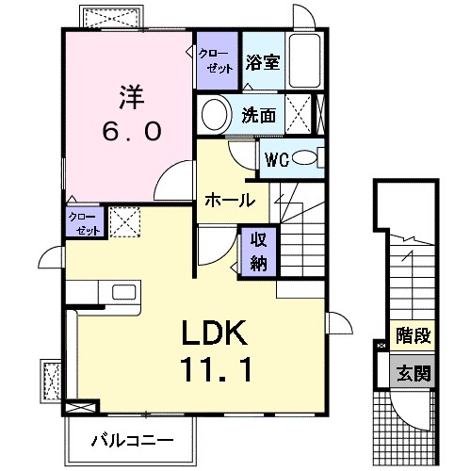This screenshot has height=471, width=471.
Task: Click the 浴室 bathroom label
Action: click(x=263, y=62)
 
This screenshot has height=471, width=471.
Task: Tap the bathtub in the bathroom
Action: click(x=305, y=60)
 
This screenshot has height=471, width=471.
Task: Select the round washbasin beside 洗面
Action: click(x=214, y=115)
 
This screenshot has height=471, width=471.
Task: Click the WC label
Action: click(x=277, y=160)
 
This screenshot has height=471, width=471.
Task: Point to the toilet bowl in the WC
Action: click(x=304, y=158)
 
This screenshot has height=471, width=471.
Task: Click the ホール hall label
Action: click(x=230, y=200)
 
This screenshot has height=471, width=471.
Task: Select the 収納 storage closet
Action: click(x=258, y=252)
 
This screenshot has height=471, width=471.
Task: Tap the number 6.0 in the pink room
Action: click(x=132, y=131)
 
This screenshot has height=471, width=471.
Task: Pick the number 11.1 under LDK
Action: click(x=216, y=369)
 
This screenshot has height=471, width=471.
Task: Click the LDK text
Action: click(x=214, y=333)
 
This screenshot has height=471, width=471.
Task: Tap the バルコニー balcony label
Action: click(x=132, y=441)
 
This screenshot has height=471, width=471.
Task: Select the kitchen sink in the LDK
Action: click(x=124, y=292)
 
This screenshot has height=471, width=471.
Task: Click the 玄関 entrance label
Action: click(x=413, y=373)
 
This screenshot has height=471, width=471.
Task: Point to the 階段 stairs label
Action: click(x=413, y=335)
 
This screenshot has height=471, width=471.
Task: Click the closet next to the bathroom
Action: click(x=218, y=60)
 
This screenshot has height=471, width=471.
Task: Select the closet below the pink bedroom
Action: click(x=85, y=222)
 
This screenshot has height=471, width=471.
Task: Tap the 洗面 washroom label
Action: click(x=259, y=115)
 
